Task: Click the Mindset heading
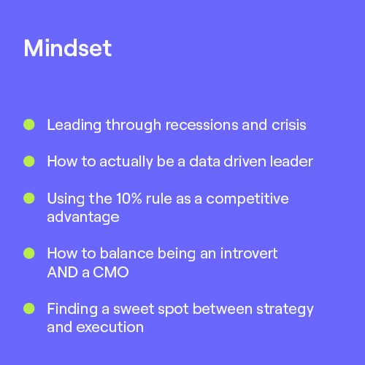click(x=67, y=48)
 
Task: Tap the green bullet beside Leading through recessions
click(x=29, y=125)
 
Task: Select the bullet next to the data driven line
click(x=29, y=161)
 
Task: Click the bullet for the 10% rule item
click(x=29, y=199)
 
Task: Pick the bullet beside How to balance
click(x=29, y=253)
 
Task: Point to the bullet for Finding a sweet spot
click(x=29, y=308)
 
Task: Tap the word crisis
click(x=288, y=125)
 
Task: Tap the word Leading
click(x=73, y=126)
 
